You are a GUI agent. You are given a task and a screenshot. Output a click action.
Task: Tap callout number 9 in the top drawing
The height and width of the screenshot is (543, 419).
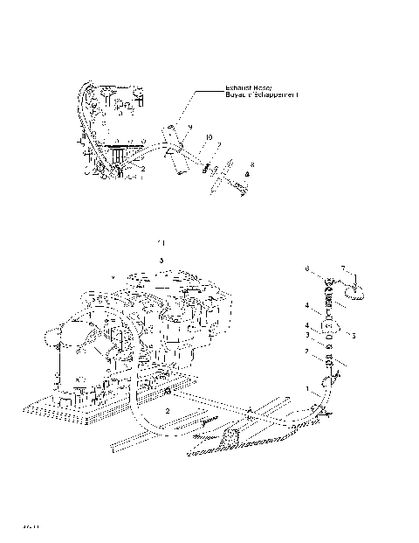(x=189, y=128)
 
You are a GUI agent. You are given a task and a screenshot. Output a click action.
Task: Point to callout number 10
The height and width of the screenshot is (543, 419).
(x=209, y=137)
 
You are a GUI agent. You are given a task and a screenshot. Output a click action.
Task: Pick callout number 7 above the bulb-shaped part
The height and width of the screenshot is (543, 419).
(x=343, y=268)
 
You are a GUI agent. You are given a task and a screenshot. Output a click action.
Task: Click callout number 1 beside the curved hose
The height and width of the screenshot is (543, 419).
(x=307, y=386)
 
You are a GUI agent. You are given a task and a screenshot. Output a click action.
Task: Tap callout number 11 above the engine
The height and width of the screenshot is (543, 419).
(x=160, y=240)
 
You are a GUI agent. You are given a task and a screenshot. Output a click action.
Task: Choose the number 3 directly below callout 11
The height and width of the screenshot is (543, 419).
(x=161, y=260)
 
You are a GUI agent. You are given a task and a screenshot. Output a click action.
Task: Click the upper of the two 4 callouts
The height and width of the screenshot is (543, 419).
(x=306, y=306)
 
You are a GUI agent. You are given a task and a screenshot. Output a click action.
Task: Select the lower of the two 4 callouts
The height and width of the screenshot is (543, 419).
(x=306, y=325)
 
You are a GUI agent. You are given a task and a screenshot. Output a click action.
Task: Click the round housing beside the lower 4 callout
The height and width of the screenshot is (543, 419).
(x=331, y=329)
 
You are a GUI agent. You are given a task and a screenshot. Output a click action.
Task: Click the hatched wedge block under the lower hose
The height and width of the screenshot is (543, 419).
(x=233, y=436)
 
